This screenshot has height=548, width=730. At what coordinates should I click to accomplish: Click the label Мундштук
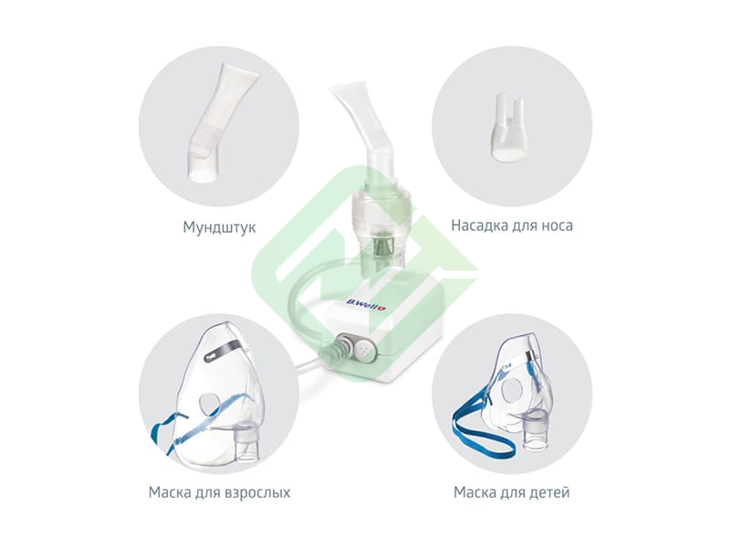tap(219, 227)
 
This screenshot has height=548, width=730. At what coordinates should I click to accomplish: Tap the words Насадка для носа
tap(512, 226)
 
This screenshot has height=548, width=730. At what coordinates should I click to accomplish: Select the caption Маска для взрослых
tap(219, 492)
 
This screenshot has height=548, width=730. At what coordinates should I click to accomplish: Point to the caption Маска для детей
tap(511, 492)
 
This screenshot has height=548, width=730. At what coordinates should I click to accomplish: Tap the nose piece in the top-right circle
tap(508, 127)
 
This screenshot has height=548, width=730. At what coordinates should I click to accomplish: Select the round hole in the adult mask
tap(211, 405)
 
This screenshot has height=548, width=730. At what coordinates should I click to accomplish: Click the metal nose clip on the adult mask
tap(224, 349)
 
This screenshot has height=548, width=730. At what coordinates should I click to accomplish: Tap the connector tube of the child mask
tap(537, 430)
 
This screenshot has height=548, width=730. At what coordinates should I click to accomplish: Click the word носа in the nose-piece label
tap(558, 226)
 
